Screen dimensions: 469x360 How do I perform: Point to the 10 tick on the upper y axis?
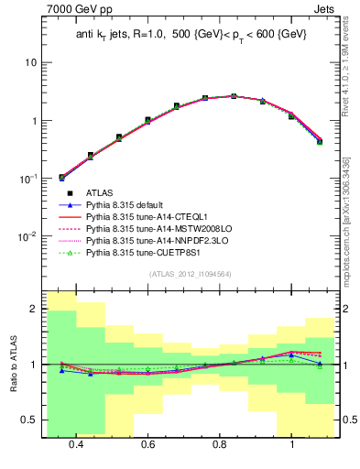click(x=31, y=62)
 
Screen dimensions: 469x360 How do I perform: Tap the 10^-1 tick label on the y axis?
click(x=28, y=179)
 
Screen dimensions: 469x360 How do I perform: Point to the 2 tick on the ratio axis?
click(x=34, y=310)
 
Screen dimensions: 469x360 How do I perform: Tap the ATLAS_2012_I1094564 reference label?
click(x=190, y=274)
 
